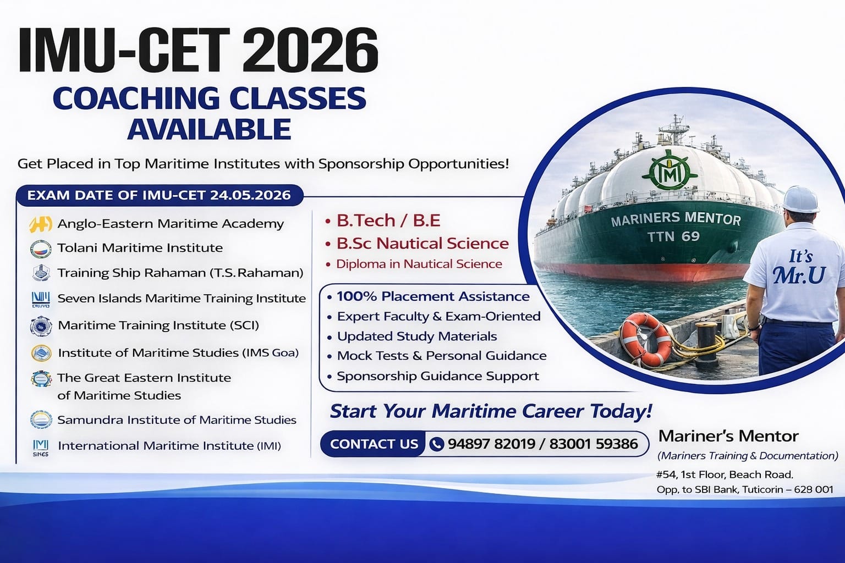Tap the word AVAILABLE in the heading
209,129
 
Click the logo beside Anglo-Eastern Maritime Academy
41,224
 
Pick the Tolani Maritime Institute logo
41,249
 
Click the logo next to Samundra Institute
41,420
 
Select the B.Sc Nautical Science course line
422,243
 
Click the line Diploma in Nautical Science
419,264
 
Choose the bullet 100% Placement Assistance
433,296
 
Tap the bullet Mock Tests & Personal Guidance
442,356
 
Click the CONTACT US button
374,444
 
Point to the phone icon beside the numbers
436,444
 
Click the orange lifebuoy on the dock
646,339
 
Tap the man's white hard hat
800,199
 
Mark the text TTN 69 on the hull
673,236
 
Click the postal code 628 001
814,489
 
